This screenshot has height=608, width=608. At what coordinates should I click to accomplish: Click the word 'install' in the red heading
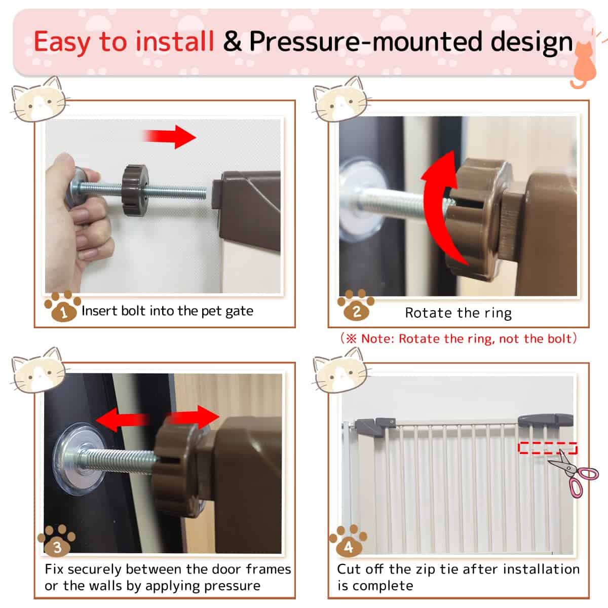pos(174,42)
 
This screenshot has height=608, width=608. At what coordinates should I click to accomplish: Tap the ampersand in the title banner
pos(232,42)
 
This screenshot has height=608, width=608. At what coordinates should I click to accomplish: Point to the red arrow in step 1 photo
pos(169,137)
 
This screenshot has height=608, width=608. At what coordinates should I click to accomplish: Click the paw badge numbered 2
pos(356,305)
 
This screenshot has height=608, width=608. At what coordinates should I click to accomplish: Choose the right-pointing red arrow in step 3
pos(193,417)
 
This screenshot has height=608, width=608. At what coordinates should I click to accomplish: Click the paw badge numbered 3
pos(57,541)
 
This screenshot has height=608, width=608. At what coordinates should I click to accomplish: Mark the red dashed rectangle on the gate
pos(548,448)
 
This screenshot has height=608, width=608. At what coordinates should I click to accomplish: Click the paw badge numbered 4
pos(348,541)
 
